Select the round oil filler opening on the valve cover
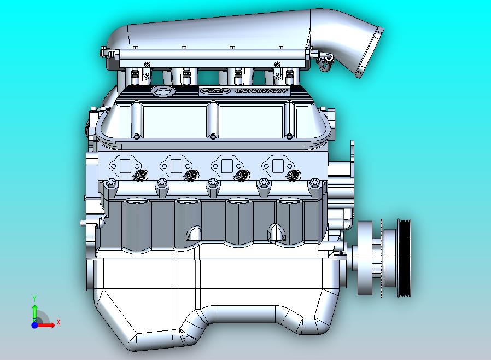pos(162,91)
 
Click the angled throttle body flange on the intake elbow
pos(367,55)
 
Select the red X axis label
pos(58,322)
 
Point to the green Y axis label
pos(34,298)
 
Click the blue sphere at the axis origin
pos(34,325)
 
